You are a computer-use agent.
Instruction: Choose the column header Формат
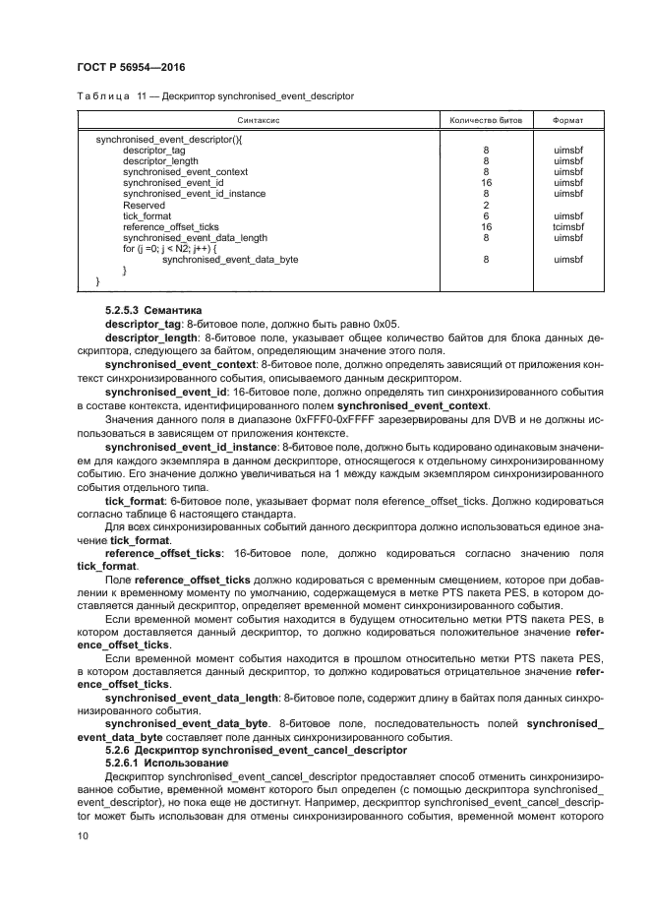click(x=568, y=121)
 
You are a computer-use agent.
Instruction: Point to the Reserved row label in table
click(x=144, y=205)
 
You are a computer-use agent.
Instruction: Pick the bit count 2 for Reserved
click(x=486, y=205)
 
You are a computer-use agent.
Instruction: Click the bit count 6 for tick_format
click(x=486, y=215)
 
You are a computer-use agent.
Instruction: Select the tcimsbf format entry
click(x=568, y=226)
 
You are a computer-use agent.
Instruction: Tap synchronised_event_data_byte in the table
click(x=229, y=259)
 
